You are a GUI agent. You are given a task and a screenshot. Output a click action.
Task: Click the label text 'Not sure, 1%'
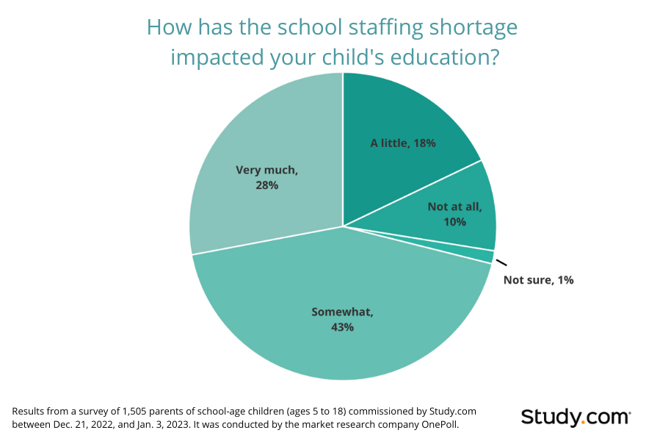tap(538, 280)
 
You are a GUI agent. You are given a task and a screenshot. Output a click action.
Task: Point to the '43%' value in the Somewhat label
tap(342, 326)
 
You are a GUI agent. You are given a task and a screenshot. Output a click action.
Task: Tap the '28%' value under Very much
tap(266, 185)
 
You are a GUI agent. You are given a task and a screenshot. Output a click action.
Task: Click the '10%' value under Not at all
tap(455, 221)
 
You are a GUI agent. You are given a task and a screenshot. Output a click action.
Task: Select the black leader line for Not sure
tap(501, 262)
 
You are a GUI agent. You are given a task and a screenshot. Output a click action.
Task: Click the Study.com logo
tap(576, 417)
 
